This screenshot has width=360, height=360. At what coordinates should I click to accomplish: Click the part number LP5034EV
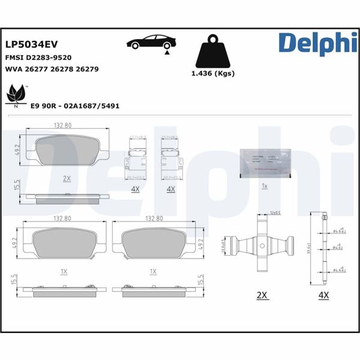tap(31, 44)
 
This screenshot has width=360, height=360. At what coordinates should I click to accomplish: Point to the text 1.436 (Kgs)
tap(212, 74)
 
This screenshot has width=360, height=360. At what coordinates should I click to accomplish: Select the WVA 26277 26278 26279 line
tap(52, 69)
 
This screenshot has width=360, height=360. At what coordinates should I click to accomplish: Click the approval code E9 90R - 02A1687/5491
tap(75, 105)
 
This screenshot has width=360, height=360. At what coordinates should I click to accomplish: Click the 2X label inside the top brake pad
tap(67, 178)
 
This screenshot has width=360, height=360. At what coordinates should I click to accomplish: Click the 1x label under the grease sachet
tap(265, 186)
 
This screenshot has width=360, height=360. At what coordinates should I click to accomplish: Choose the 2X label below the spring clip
tap(262, 296)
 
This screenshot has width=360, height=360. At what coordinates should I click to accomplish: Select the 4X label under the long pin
tap(324, 296)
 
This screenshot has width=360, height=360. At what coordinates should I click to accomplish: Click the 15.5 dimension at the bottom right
tap(200, 281)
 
